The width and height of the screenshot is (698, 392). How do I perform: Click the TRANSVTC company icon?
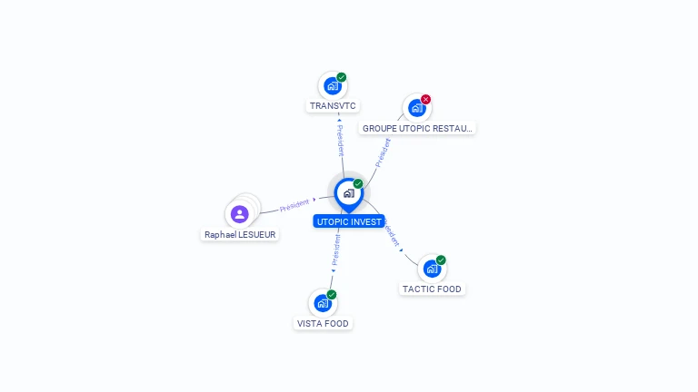(333, 86)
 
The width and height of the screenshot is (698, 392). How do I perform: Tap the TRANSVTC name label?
(333, 106)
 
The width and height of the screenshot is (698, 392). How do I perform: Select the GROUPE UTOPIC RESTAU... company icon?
(416, 108)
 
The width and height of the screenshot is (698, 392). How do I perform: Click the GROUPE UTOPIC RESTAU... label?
(418, 129)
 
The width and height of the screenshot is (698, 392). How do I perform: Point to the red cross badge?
(425, 99)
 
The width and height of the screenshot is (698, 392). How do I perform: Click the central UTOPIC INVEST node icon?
(348, 192)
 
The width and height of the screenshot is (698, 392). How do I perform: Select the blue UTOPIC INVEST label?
(349, 221)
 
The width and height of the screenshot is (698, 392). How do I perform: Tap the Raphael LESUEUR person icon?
(239, 214)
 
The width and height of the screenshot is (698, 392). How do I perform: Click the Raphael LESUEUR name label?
(240, 234)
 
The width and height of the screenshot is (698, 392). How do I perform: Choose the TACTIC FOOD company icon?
(432, 269)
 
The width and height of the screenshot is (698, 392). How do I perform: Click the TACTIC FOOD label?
(432, 289)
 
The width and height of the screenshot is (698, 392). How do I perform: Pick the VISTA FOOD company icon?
(323, 303)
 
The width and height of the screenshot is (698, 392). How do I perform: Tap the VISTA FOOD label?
(323, 324)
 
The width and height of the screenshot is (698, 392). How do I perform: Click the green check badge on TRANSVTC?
(342, 77)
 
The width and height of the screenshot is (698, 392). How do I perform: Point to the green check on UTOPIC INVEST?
(358, 183)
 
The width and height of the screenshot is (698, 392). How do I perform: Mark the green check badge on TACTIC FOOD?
(441, 260)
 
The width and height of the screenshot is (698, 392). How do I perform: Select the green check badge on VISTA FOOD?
(332, 294)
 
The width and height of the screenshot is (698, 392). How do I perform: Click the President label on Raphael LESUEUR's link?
(294, 206)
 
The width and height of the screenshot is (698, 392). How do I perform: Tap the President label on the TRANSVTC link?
(340, 141)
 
